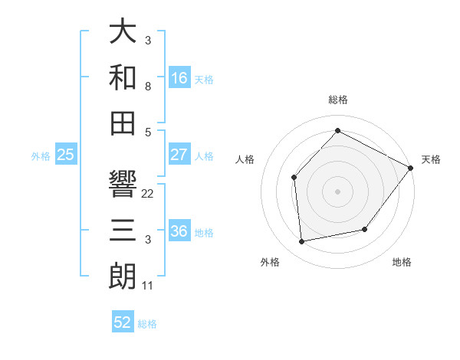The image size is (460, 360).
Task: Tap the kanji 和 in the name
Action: (123, 77)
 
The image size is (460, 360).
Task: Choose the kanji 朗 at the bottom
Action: (123, 277)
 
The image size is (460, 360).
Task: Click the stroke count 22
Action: (148, 194)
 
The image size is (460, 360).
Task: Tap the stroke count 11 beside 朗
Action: (148, 286)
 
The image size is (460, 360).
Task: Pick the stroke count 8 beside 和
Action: (148, 87)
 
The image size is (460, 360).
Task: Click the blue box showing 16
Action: (179, 77)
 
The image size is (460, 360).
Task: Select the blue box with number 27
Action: (179, 155)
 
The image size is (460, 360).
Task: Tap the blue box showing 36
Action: (179, 232)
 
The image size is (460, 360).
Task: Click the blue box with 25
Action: (66, 155)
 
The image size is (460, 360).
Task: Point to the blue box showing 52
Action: (123, 322)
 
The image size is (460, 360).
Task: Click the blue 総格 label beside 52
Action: (147, 324)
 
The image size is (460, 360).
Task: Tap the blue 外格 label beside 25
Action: (41, 156)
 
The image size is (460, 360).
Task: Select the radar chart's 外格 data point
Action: (302, 242)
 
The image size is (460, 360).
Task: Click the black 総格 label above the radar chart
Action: (337, 100)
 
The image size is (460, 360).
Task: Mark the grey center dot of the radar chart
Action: (337, 191)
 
